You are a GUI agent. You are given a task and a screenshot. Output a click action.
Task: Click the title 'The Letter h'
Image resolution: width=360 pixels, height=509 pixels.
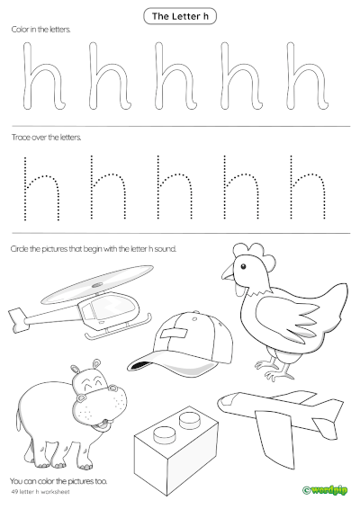[x=179, y=15]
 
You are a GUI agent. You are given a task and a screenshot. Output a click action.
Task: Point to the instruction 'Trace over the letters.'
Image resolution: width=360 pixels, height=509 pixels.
[x=46, y=138]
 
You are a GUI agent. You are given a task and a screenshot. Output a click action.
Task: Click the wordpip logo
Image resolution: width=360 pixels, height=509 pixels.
[x=327, y=489]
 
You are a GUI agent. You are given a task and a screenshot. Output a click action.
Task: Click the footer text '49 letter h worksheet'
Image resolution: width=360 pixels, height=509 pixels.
[x=40, y=492]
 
